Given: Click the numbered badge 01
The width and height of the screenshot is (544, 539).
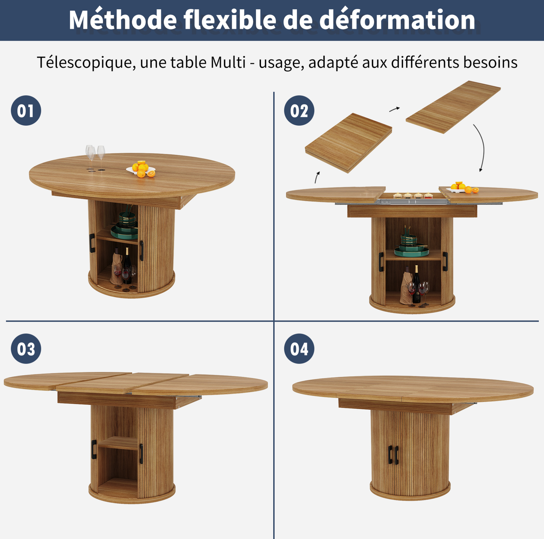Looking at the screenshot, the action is point(26,110).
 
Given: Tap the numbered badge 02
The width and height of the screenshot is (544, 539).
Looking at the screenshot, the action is point(299,110).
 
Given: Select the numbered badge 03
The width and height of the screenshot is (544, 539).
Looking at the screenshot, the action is point(26,349).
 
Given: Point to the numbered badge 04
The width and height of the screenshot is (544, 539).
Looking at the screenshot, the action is point(299,349).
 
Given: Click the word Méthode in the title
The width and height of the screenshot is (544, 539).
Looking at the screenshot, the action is point(123,20).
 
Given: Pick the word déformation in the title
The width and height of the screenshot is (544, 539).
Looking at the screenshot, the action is point(397,20).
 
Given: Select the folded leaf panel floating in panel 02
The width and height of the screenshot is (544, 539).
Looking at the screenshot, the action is point(349,143).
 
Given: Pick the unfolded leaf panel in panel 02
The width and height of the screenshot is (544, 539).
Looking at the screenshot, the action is point(453,107).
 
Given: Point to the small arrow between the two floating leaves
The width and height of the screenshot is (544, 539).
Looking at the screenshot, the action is point(394,109).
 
